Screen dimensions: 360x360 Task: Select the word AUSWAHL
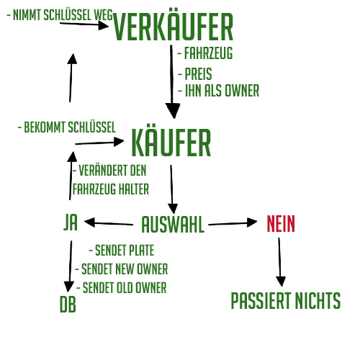click(173, 225)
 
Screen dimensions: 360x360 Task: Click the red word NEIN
click(281, 223)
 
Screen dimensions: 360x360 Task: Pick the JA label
click(71, 222)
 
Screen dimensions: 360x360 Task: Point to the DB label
click(68, 304)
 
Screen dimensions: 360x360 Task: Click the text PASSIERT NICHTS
click(286, 300)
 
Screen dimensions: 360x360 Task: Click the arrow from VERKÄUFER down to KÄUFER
click(172, 81)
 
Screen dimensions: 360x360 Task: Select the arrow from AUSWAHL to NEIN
click(233, 223)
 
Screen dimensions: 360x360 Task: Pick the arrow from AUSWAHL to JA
click(109, 223)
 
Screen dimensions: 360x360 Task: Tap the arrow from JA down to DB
click(70, 266)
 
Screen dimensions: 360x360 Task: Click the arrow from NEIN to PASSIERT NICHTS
click(280, 262)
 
